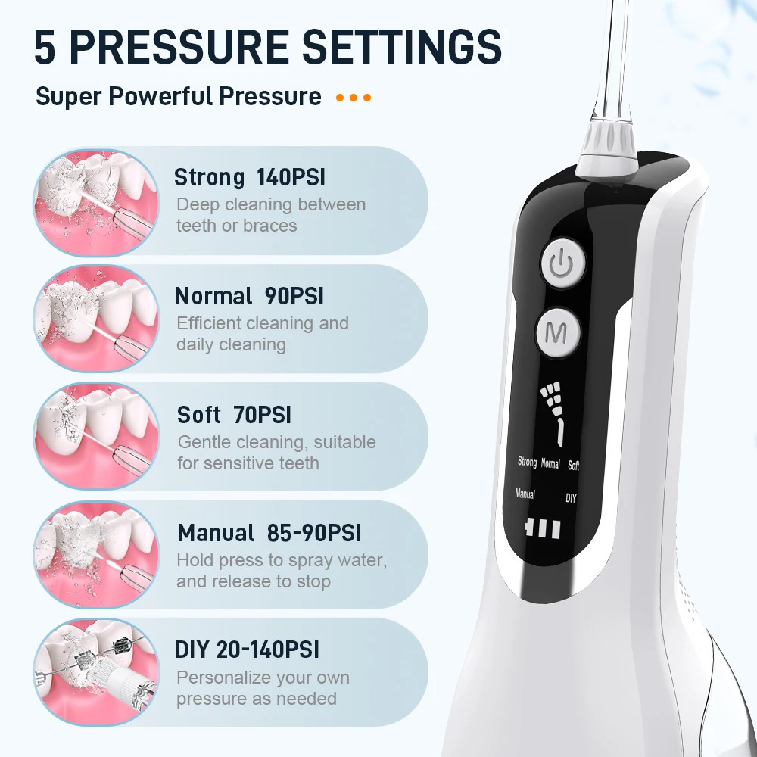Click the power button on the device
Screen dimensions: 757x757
(562, 264)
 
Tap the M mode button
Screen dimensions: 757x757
(558, 332)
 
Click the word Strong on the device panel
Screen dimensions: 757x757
(527, 462)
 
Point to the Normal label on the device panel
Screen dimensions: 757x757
(550, 463)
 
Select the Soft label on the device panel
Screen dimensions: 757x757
(574, 466)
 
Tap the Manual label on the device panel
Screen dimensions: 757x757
(525, 494)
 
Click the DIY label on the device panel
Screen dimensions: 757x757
(571, 498)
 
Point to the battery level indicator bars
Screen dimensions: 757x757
(543, 528)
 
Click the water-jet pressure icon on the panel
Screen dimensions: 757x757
(553, 413)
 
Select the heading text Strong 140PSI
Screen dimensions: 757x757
(250, 177)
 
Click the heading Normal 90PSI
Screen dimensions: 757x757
(249, 296)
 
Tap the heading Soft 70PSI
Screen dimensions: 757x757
(234, 415)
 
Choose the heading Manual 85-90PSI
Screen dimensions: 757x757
(269, 533)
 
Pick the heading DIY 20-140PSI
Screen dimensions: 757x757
(247, 650)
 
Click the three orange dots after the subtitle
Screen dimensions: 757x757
(354, 98)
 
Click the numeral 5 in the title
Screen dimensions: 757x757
(45, 47)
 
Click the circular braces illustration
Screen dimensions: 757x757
(96, 671)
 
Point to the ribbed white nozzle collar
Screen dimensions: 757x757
(607, 148)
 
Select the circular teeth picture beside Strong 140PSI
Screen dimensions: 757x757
(96, 202)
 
